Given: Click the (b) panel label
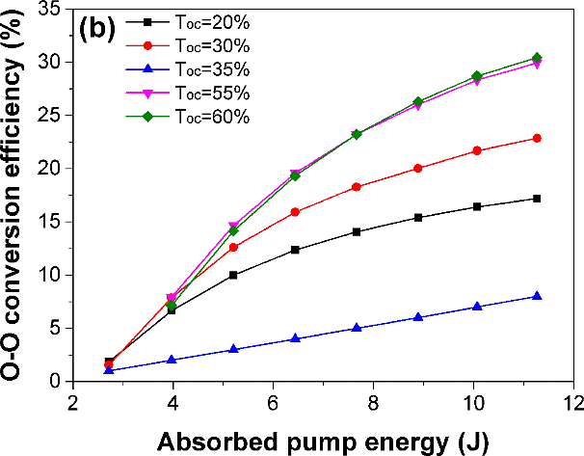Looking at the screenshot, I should pyautogui.click(x=97, y=27).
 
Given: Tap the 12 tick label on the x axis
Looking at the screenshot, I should pyautogui.click(x=573, y=400).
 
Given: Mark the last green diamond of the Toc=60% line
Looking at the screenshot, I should pyautogui.click(x=537, y=58).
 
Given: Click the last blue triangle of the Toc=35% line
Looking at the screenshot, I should pyautogui.click(x=537, y=296).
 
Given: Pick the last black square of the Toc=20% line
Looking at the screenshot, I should pyautogui.click(x=537, y=199).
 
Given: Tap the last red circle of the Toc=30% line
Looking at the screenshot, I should pyautogui.click(x=537, y=138).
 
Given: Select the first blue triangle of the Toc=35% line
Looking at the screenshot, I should pyautogui.click(x=109, y=370).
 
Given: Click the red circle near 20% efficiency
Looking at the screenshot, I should pyautogui.click(x=417, y=168).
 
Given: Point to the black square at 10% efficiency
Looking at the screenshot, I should pyautogui.click(x=232, y=275).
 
